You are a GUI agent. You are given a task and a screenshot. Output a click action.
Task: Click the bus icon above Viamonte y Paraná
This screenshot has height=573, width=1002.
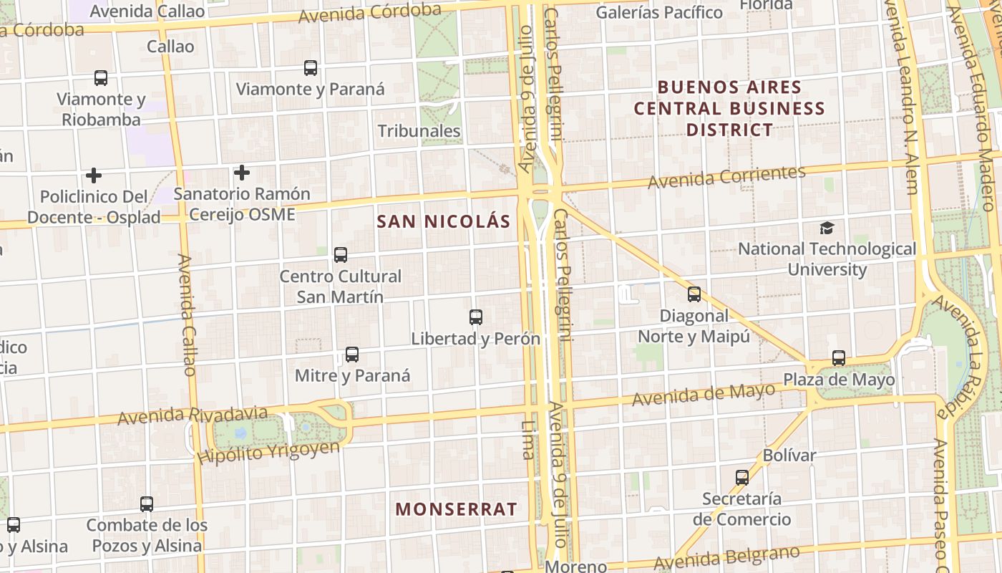(x=310, y=68)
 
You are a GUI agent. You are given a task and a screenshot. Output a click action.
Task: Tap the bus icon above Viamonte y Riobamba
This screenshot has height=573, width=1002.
(x=101, y=78)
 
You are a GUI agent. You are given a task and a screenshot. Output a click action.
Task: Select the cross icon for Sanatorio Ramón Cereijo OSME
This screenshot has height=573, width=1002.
(x=242, y=173)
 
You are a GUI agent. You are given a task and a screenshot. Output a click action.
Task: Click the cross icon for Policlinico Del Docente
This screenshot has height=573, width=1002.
(x=93, y=175)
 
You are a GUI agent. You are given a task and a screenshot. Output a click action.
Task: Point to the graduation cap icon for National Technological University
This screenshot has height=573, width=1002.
(x=827, y=228)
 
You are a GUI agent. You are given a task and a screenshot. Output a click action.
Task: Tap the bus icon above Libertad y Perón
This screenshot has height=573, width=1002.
(x=476, y=317)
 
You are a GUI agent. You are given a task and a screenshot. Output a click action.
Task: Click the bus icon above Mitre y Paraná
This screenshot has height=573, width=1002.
(x=352, y=354)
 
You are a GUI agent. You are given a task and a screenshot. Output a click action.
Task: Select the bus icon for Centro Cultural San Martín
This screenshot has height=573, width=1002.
(x=341, y=254)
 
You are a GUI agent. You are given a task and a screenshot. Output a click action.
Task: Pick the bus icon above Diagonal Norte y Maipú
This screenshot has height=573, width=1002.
(x=694, y=294)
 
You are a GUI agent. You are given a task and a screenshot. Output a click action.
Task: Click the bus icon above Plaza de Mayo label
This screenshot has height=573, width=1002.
(x=839, y=357)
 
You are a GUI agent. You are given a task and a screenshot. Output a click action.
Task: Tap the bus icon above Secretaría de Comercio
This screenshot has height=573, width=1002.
(x=742, y=477)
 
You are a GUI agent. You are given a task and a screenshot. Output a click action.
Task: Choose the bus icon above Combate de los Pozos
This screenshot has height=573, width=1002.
(x=147, y=504)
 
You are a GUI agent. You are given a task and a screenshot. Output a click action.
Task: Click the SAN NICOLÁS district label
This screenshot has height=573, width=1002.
(x=444, y=221)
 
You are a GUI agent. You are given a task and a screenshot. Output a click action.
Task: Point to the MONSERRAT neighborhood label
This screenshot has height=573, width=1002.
(x=456, y=509)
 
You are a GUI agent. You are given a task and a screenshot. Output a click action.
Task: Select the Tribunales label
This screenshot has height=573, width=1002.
(x=419, y=131)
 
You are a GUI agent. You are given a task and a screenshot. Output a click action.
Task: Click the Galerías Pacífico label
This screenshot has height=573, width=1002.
(x=659, y=12)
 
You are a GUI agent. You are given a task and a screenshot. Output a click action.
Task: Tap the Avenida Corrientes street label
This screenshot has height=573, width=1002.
(x=726, y=176)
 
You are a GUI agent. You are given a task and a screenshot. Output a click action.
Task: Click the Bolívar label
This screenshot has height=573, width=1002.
(x=789, y=455)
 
